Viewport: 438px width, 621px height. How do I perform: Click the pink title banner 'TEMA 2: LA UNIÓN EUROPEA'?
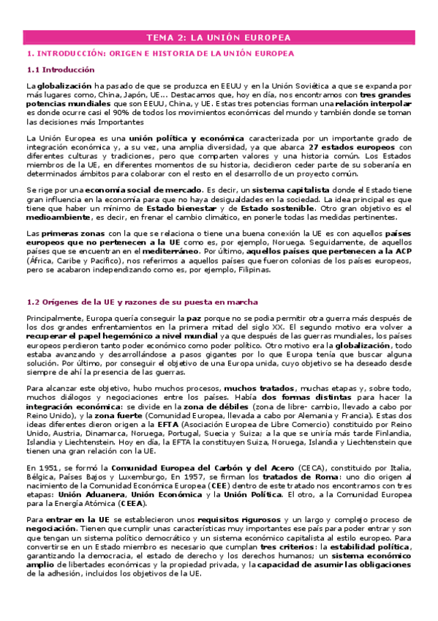(219, 37)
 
